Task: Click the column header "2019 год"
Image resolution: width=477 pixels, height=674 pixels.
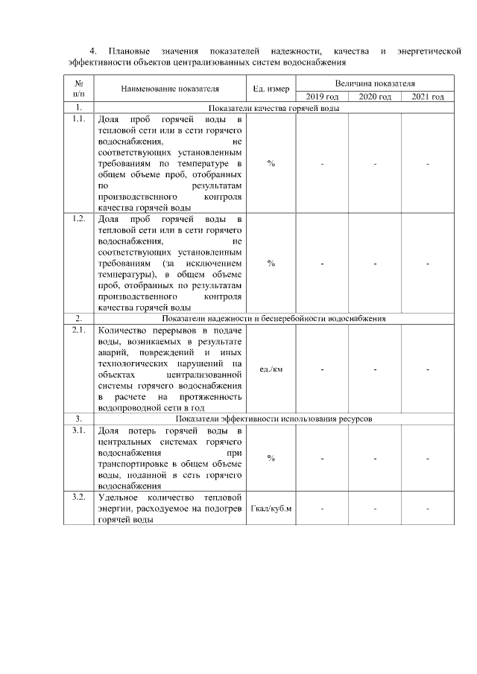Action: (x=322, y=97)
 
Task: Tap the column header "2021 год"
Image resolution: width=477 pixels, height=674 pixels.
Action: (x=428, y=97)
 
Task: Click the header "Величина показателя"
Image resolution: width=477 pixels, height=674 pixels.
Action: (x=375, y=84)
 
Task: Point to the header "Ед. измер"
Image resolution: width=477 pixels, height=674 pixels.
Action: (x=271, y=90)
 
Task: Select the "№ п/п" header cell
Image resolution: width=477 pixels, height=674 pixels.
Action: (x=78, y=90)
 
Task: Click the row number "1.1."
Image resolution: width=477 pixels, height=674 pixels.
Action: (x=78, y=119)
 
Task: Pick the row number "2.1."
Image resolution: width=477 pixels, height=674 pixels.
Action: (x=78, y=329)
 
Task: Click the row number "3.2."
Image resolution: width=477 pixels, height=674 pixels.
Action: (x=78, y=497)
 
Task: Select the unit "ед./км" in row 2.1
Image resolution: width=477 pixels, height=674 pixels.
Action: (x=271, y=369)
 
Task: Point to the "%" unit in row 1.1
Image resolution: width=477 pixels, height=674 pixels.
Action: (x=271, y=162)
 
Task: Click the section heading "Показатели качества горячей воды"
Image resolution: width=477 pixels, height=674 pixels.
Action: (x=274, y=109)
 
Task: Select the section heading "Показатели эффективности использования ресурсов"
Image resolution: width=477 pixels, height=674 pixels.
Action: (x=274, y=419)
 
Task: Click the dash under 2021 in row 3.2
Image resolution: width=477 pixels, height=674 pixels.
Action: (x=428, y=509)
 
